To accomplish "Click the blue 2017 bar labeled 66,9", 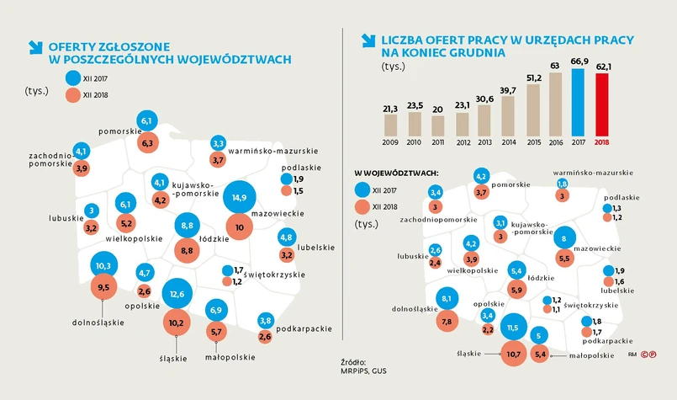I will coord(578,102).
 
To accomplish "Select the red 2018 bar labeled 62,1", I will coord(601,104).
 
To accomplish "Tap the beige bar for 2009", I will coord(390,125).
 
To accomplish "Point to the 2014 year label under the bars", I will coord(507,142).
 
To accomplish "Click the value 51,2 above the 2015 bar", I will coord(532,79).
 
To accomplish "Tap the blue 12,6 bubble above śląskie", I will coord(177,294).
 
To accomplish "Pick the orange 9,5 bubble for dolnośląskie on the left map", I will coord(105,287).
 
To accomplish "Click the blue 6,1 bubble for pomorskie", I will coord(147,122).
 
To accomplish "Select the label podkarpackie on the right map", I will coord(606,341).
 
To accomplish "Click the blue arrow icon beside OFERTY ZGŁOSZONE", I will coord(36,47).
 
